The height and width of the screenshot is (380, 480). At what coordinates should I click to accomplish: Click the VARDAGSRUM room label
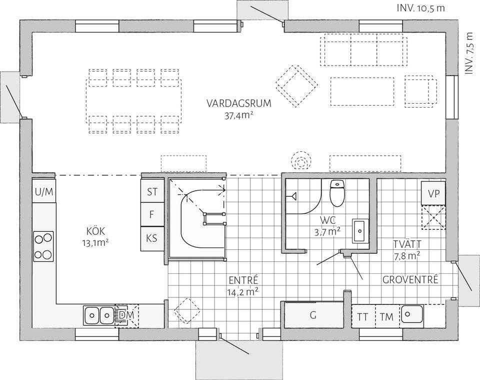238,104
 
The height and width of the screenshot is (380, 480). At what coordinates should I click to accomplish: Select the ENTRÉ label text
243,280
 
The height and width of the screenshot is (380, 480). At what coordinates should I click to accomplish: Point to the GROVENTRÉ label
410,280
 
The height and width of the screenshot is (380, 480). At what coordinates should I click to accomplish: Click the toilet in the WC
337,193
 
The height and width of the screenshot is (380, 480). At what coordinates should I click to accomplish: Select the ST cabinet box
152,192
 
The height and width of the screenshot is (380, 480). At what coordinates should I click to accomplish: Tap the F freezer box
152,215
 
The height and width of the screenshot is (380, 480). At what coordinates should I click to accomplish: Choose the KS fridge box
152,239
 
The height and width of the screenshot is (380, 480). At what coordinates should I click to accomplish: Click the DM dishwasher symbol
126,315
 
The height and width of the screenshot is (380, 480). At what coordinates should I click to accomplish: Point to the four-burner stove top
43,245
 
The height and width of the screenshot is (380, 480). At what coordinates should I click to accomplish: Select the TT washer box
362,316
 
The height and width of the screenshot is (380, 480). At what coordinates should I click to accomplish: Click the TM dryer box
386,316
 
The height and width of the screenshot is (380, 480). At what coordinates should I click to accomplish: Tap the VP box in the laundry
433,193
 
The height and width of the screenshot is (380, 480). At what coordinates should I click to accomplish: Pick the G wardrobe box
313,315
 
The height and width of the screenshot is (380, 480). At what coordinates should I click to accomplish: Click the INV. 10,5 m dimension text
420,9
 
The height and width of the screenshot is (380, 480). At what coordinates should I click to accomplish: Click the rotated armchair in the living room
296,85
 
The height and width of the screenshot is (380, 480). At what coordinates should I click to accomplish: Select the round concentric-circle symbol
301,162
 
